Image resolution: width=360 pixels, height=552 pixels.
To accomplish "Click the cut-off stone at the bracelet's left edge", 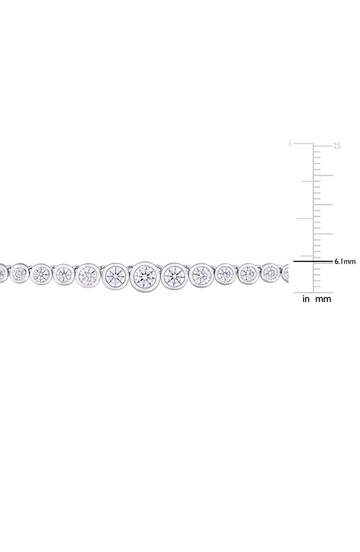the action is pyautogui.click(x=2, y=273).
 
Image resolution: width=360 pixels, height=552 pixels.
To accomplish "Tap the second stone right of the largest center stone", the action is pyautogui.click(x=202, y=274).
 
